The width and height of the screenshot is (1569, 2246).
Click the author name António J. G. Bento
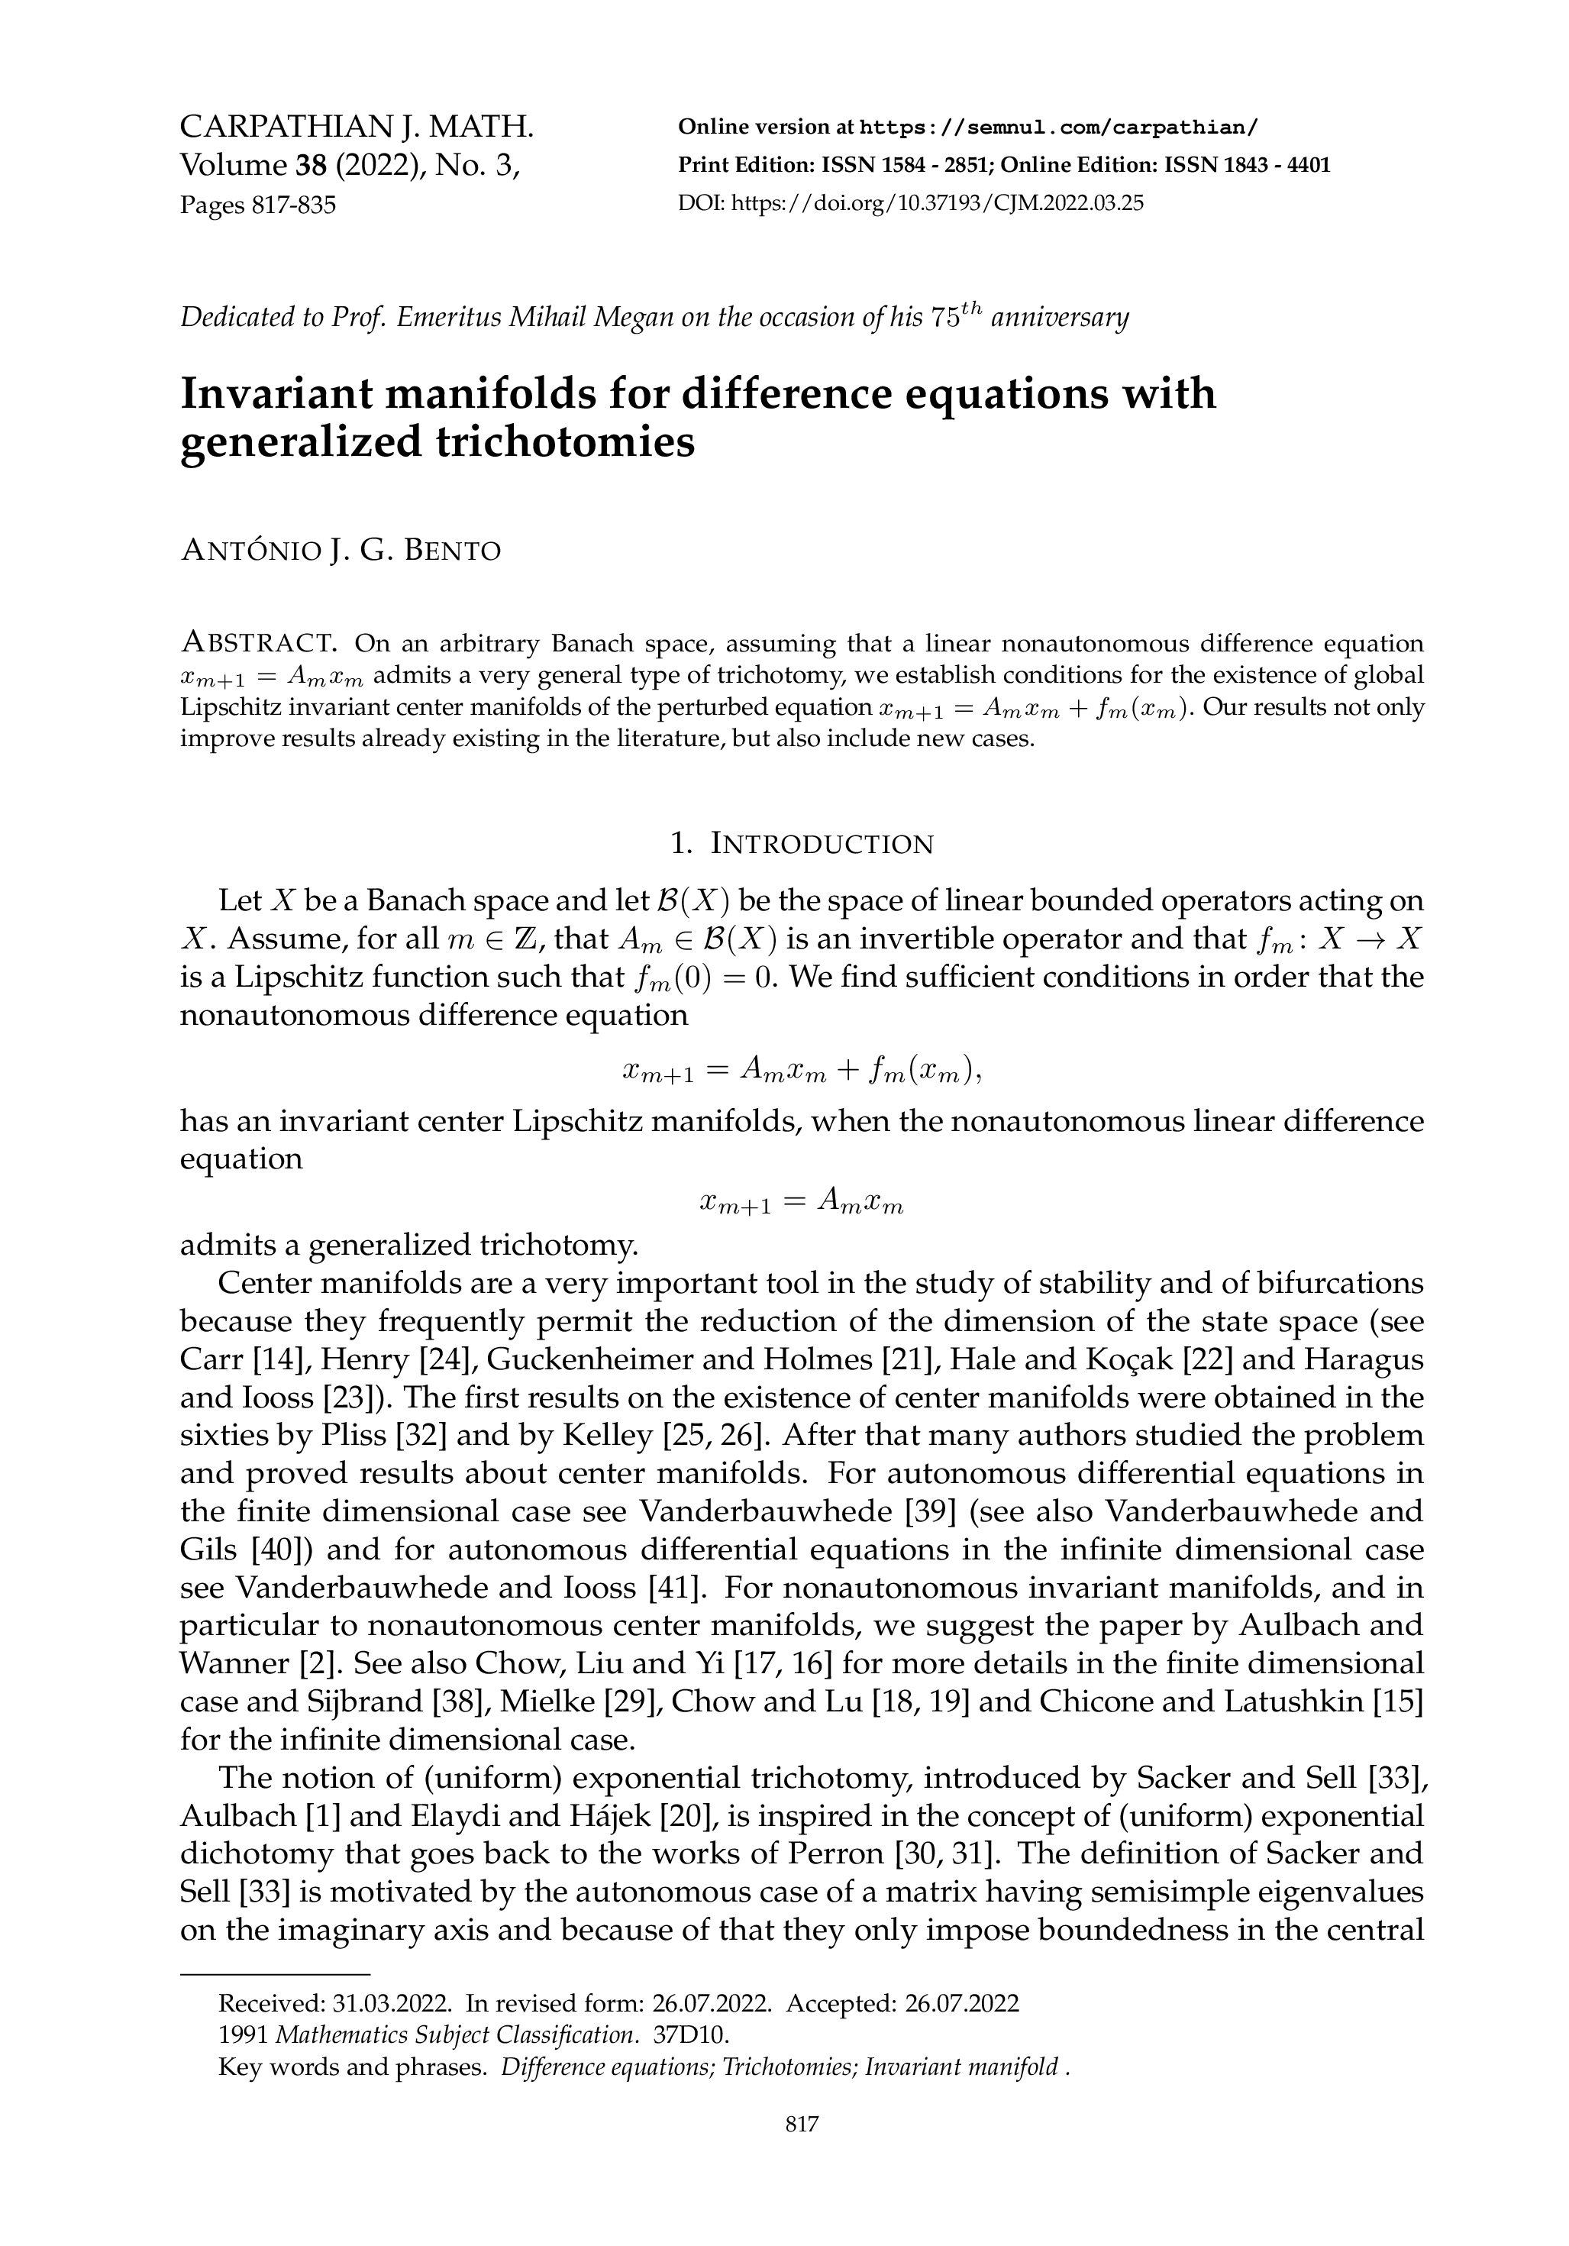pos(341,551)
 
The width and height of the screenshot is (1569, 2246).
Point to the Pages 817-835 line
pos(257,205)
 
